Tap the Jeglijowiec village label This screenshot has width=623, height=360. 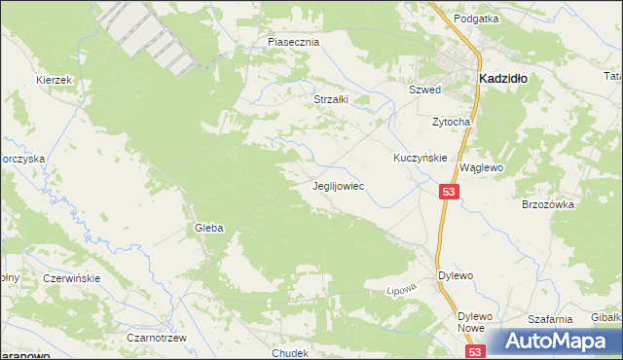(338, 185)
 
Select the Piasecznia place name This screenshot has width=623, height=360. (294, 43)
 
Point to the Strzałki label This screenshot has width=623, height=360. (330, 99)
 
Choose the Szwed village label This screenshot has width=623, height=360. (424, 90)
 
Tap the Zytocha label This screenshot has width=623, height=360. (452, 123)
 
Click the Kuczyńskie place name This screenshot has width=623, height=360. (420, 157)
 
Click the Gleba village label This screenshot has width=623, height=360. (209, 228)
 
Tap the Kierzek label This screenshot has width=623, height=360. (55, 80)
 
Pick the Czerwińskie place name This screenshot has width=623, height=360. (72, 277)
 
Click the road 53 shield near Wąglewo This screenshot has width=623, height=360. (449, 193)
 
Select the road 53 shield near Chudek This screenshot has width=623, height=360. (474, 352)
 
